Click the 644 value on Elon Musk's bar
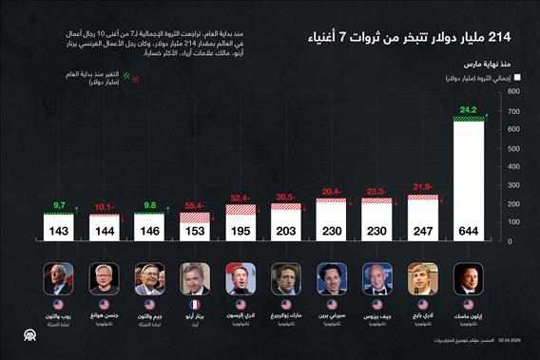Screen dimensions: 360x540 tap(468, 230)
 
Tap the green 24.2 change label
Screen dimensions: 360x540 tap(468, 110)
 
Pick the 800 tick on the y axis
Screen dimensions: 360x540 tap(512, 92)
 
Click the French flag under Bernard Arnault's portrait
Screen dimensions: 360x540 tap(195, 304)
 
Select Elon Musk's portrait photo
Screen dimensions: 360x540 tap(468, 279)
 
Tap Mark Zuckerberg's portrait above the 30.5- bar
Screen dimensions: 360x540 tap(285, 279)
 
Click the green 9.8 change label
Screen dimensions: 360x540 tap(149, 204)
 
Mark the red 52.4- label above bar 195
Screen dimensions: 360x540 tap(240, 197)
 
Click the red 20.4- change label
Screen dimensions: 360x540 tap(331, 190)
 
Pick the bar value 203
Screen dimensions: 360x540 tap(285, 230)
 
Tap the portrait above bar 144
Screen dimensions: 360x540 tap(104, 279)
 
